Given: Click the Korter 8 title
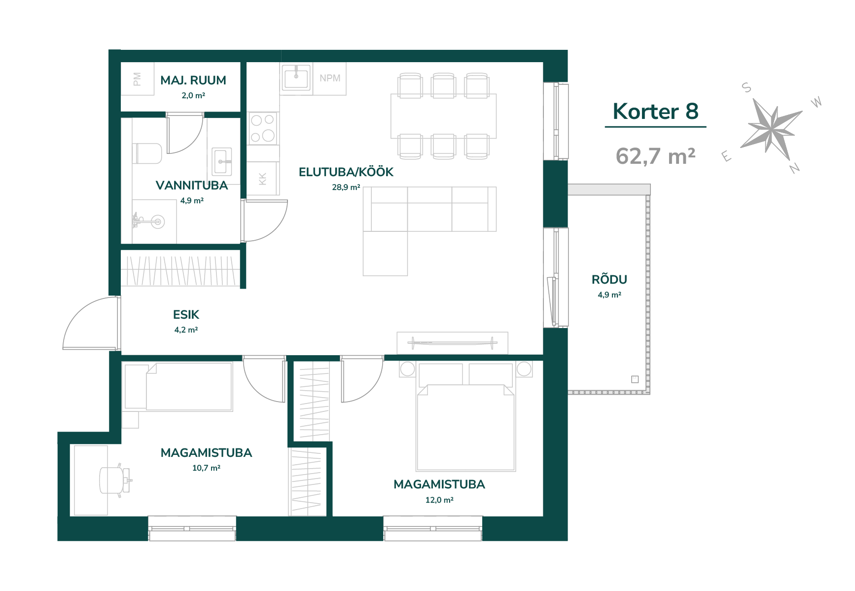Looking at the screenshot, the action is tap(655, 111).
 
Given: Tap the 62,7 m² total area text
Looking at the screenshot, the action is tap(655, 156).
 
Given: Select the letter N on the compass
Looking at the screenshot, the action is tap(794, 168).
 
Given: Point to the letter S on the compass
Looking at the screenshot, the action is tap(747, 88).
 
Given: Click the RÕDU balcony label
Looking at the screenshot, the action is tap(609, 279).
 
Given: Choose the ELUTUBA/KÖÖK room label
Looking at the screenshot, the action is tap(346, 172).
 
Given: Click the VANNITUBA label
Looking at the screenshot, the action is tap(192, 185).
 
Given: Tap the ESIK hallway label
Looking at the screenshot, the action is tap(186, 315).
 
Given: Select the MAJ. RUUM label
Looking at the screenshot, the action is tap(193, 80).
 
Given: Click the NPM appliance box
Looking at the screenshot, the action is tap(330, 78).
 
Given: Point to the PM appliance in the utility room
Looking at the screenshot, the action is tap(138, 79).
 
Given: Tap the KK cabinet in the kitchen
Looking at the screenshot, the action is tap(263, 179).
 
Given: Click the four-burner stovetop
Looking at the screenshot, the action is tap(263, 128).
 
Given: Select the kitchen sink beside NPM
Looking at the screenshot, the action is tap(296, 77).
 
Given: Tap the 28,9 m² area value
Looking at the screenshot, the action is tap(346, 187).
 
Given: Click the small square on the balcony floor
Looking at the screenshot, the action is tap(635, 379).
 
